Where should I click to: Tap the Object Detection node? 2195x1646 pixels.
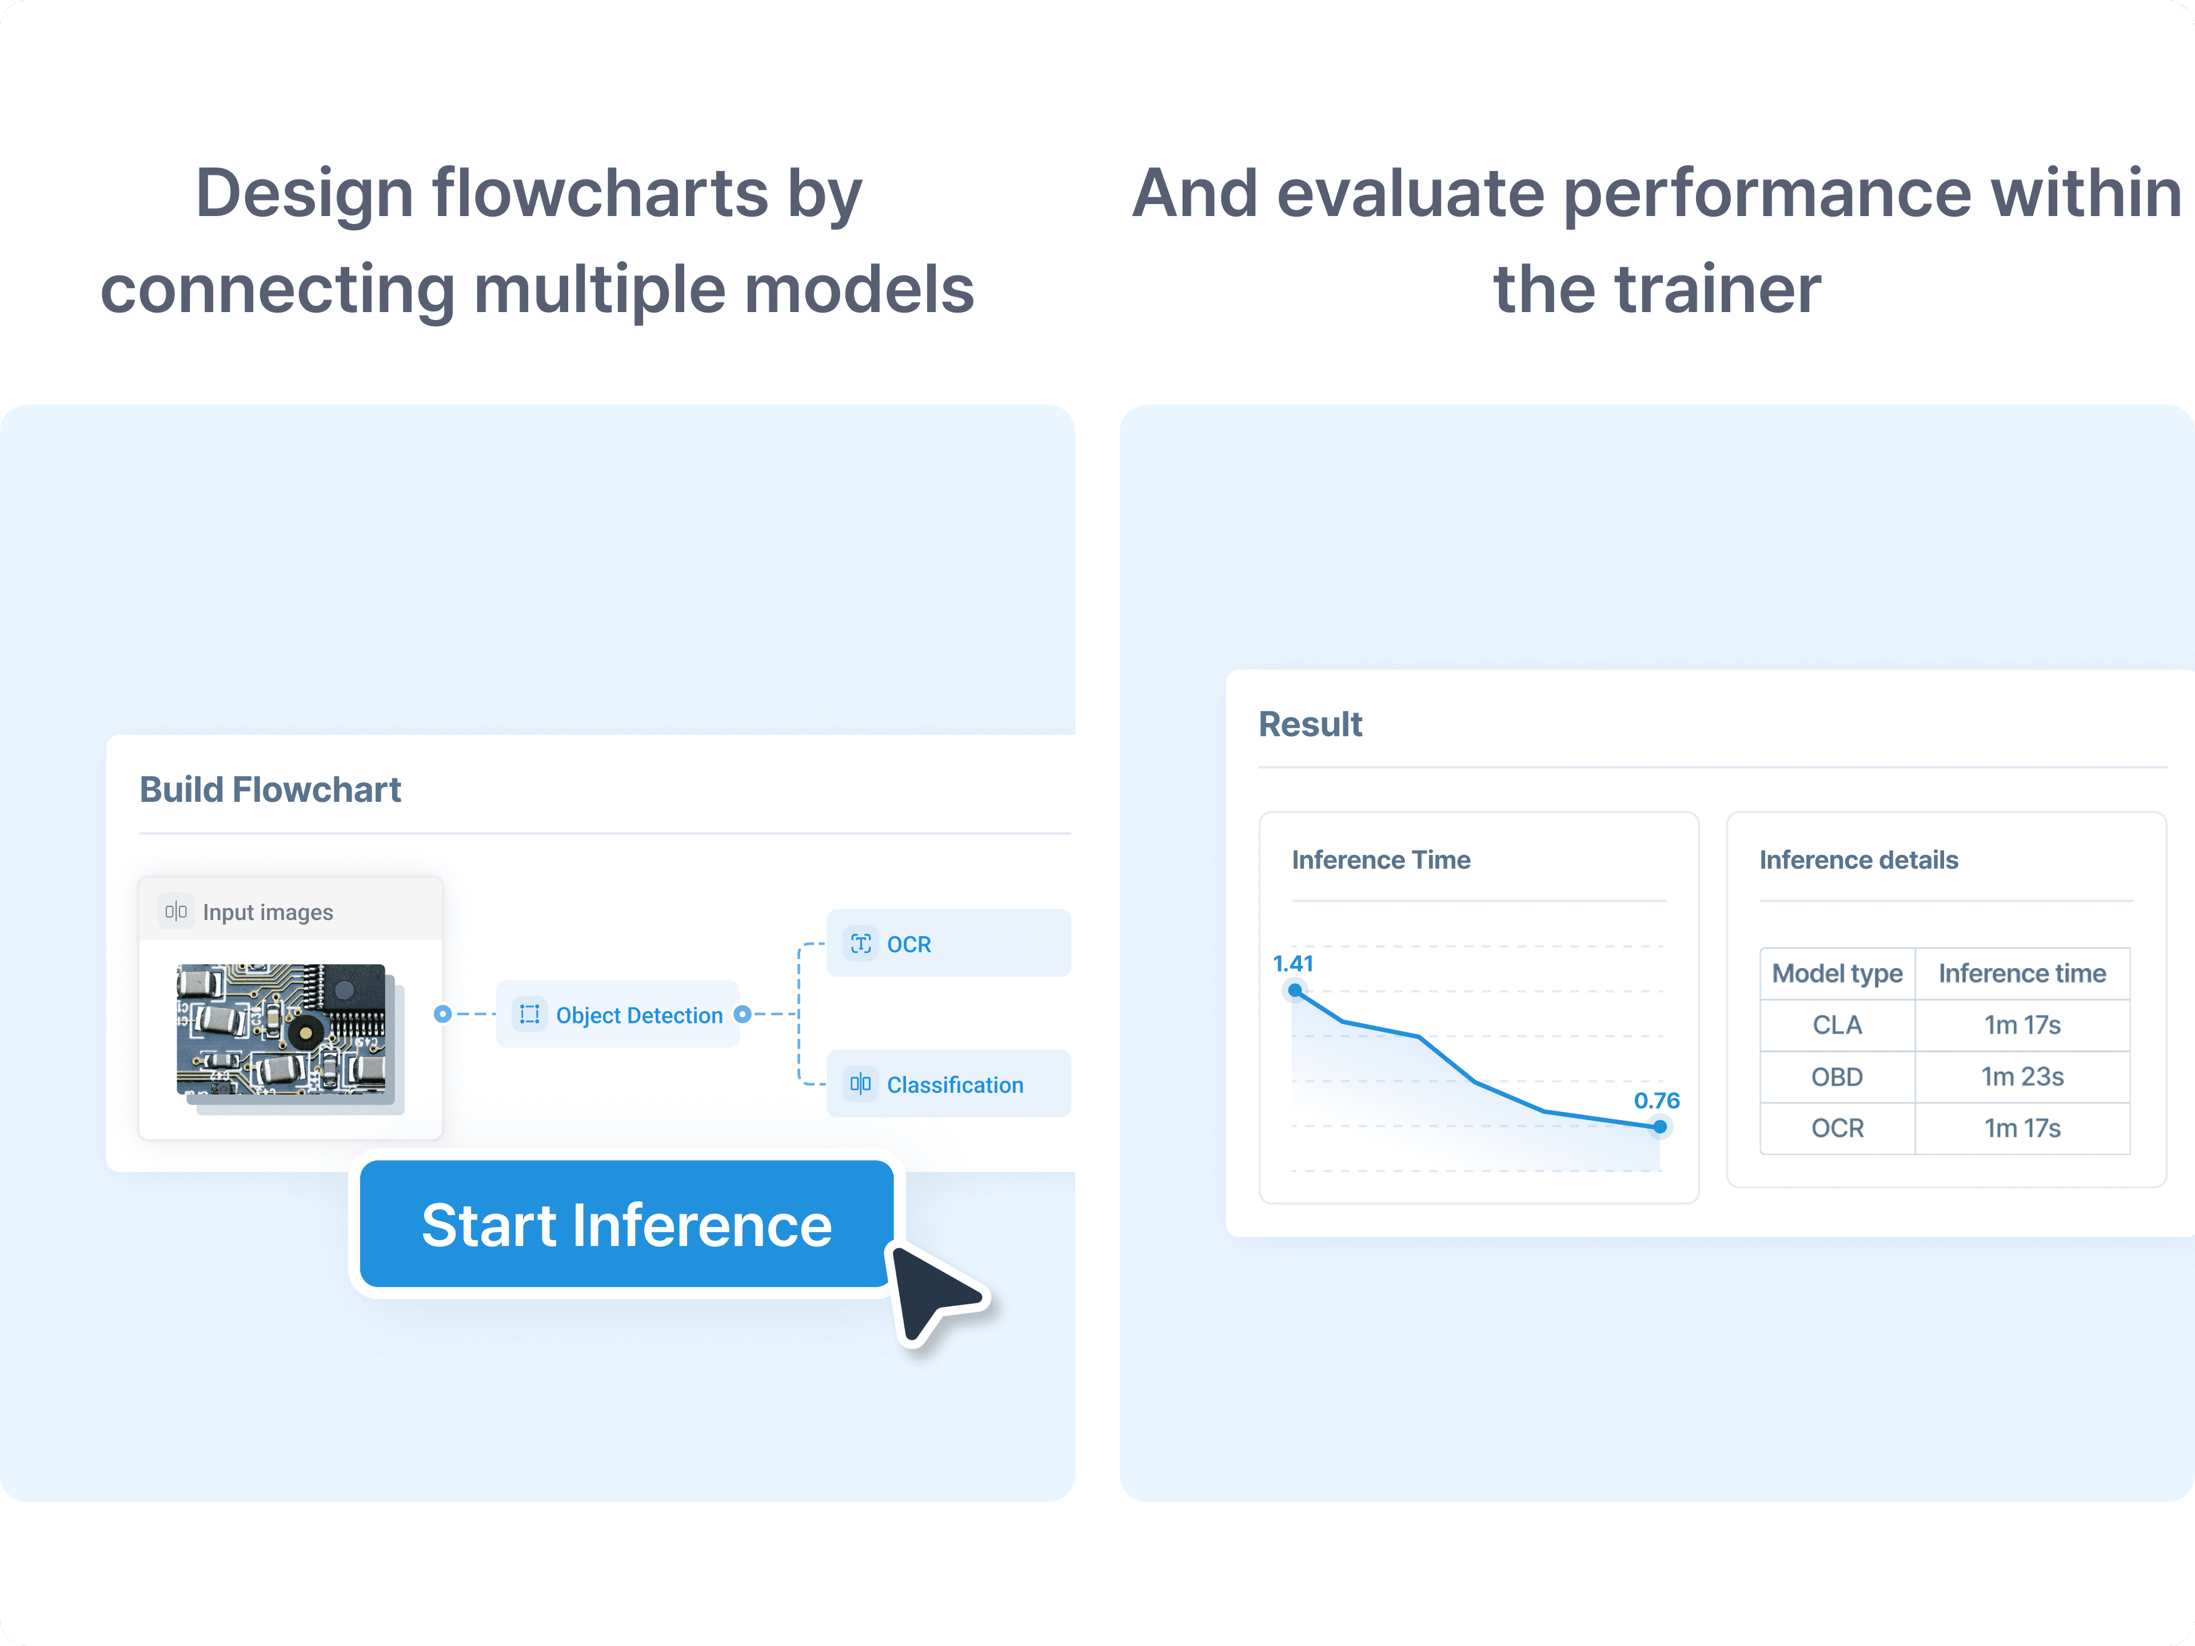pos(618,1014)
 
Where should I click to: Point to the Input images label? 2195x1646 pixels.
pos(268,912)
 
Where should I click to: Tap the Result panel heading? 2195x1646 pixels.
pos(1310,724)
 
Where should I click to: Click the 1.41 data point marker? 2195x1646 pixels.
pos(1295,990)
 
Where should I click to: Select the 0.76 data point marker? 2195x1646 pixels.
pos(1660,1126)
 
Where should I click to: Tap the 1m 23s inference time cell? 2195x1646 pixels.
pos(2022,1077)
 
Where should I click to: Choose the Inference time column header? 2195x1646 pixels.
pos(2022,973)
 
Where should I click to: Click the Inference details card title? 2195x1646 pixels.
pos(1859,860)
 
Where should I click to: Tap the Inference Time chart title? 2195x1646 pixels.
pos(1381,860)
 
